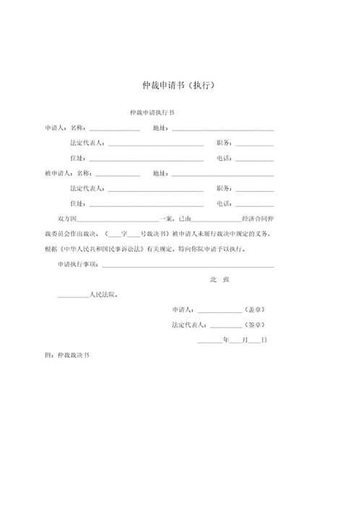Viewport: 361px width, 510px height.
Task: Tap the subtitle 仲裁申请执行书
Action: click(151, 113)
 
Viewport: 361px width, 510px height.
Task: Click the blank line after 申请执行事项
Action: click(188, 265)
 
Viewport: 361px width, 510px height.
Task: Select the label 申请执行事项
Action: click(79, 265)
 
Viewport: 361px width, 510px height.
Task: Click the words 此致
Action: click(219, 278)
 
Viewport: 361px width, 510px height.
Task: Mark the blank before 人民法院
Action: click(72, 295)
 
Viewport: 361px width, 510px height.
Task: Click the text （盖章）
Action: click(257, 309)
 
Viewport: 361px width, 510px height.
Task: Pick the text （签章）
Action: click(257, 325)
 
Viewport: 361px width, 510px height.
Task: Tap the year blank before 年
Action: click(209, 340)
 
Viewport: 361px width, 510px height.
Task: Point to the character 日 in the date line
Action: click(265, 339)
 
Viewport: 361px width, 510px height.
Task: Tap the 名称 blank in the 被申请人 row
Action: click(118, 174)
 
